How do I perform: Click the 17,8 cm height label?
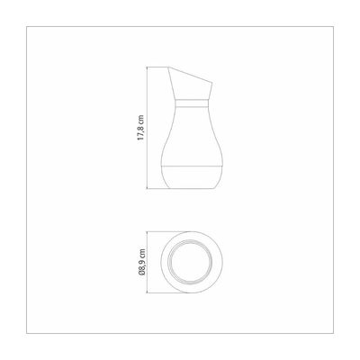pyautogui.click(x=140, y=128)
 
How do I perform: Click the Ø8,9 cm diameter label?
pyautogui.click(x=141, y=262)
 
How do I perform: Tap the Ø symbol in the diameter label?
pyautogui.click(x=141, y=273)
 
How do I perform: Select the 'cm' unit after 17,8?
pyautogui.click(x=140, y=119)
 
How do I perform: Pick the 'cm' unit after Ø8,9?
pyautogui.click(x=141, y=253)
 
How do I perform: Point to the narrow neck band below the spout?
pyautogui.click(x=192, y=103)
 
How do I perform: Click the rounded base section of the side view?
pyautogui.click(x=192, y=177)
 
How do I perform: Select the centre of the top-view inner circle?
pyautogui.click(x=192, y=262)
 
